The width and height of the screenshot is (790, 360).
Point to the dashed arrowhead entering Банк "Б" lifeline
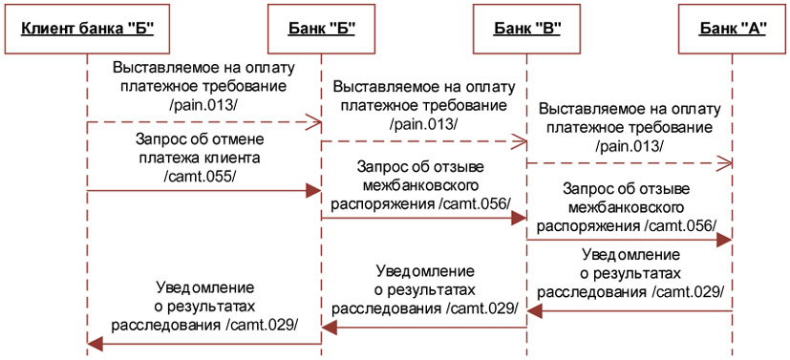pos(313,122)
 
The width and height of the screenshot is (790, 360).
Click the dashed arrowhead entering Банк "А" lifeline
pos(725,165)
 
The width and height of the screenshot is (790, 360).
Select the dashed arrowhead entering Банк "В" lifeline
pos(520,143)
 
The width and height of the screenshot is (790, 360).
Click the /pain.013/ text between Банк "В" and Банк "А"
pos(629,146)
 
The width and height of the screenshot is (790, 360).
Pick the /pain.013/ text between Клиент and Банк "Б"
pos(203,104)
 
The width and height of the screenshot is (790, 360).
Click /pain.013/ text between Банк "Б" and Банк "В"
pos(423,125)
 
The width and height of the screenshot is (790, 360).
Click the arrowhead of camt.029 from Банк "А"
pos(536,311)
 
